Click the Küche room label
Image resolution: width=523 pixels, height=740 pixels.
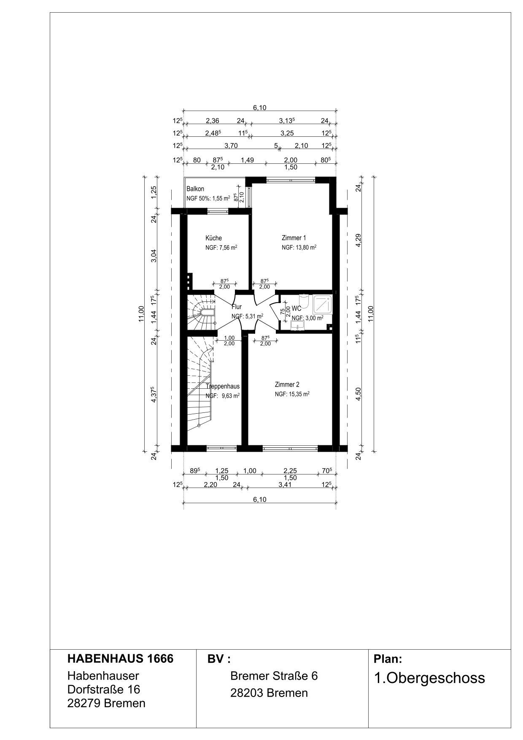[213, 238]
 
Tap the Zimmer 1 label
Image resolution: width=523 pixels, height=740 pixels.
[294, 238]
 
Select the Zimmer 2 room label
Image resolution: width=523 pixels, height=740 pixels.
[287, 385]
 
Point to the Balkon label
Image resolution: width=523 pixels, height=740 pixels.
[195, 189]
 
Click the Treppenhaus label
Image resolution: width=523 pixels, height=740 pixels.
[223, 386]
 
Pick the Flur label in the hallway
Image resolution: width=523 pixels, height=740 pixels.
[237, 307]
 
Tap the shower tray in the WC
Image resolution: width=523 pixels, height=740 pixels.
[323, 304]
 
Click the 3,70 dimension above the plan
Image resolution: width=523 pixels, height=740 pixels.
[231, 146]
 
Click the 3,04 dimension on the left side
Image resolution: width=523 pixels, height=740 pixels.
[154, 256]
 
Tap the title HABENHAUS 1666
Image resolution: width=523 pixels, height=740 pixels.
[120, 659]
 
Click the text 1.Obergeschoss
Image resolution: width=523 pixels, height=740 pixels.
[429, 678]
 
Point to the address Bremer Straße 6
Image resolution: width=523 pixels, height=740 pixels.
[274, 676]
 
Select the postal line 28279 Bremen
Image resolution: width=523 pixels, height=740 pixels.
[106, 703]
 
